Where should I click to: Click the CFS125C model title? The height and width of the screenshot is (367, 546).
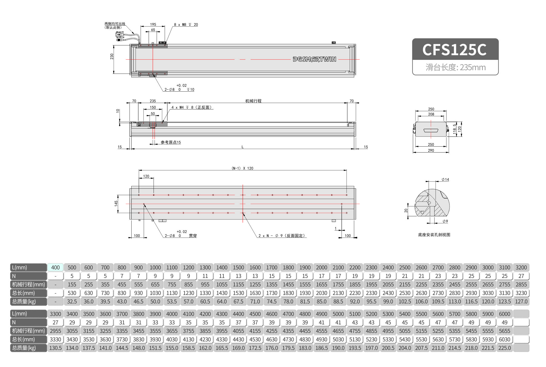pyautogui.click(x=454, y=50)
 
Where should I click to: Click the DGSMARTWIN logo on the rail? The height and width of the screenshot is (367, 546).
pyautogui.click(x=314, y=59)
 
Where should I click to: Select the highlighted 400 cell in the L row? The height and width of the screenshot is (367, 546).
pyautogui.click(x=55, y=267)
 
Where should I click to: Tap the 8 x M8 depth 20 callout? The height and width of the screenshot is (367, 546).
pyautogui.click(x=186, y=25)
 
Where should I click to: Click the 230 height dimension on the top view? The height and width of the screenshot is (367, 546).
pyautogui.click(x=112, y=56)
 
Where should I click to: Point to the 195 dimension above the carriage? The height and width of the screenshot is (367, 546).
pyautogui.click(x=153, y=25)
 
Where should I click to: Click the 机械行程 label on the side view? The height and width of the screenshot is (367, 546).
pyautogui.click(x=253, y=101)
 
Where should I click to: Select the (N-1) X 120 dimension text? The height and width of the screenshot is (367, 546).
pyautogui.click(x=242, y=168)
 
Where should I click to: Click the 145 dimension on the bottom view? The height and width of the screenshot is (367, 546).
pyautogui.click(x=116, y=203)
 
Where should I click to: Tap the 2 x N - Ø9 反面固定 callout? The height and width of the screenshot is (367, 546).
pyautogui.click(x=282, y=236)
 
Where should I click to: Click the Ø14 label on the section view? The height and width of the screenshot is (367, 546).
pyautogui.click(x=445, y=179)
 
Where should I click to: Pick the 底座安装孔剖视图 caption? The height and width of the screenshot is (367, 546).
pyautogui.click(x=434, y=235)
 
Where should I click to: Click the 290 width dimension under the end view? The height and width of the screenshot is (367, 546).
pyautogui.click(x=431, y=150)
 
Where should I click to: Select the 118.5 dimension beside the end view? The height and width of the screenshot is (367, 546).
pyautogui.click(x=454, y=129)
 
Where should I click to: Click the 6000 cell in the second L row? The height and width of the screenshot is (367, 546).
pyautogui.click(x=504, y=314)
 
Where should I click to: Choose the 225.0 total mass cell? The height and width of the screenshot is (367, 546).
pyautogui.click(x=504, y=348)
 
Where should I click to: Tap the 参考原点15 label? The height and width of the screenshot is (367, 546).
pyautogui.click(x=171, y=142)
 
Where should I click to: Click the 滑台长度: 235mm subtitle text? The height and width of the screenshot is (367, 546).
pyautogui.click(x=456, y=67)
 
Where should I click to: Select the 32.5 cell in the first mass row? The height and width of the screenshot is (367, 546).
pyautogui.click(x=72, y=301)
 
